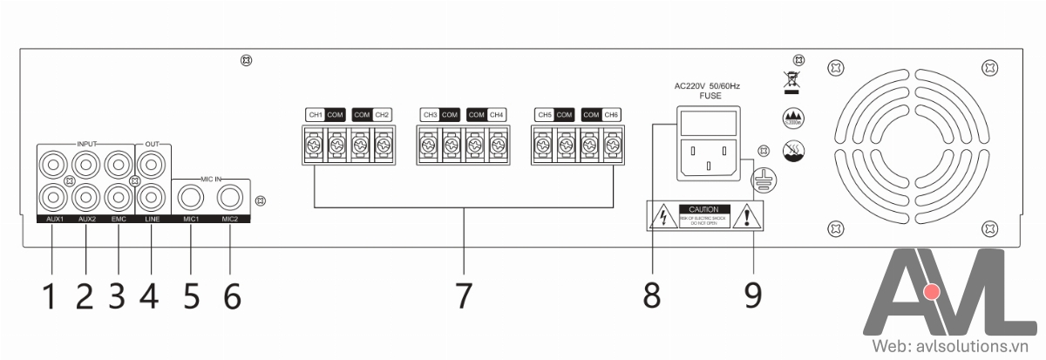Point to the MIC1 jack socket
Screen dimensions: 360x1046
pos(190,198)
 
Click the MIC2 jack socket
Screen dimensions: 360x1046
pos(230,198)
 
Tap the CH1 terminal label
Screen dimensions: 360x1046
pos(316,115)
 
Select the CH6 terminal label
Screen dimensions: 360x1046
pos(611,115)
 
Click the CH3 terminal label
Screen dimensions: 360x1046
pos(429,115)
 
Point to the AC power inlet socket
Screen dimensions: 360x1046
pos(707,157)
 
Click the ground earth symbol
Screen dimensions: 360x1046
pos(764,178)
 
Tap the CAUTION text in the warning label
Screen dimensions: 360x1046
pos(703,210)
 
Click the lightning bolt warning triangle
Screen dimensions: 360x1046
pos(662,217)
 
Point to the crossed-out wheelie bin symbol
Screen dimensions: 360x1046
pos(792,78)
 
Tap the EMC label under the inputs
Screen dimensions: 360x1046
pos(119,219)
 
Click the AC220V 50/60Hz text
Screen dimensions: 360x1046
pos(707,86)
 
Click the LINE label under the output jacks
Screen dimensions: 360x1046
pos(152,219)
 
